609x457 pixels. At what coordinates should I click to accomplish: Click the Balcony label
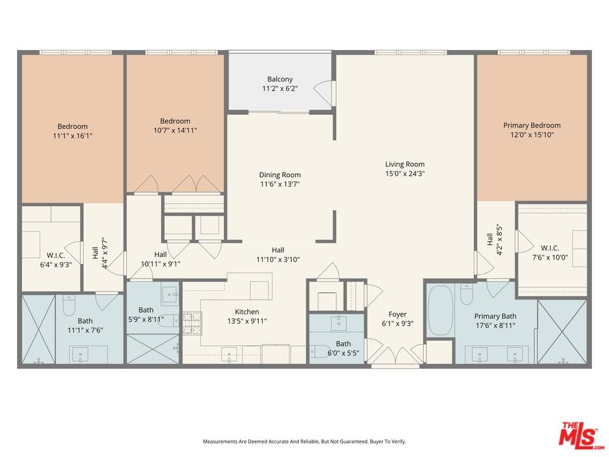pyautogui.click(x=280, y=79)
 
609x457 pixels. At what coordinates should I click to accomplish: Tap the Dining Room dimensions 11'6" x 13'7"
pyautogui.click(x=280, y=184)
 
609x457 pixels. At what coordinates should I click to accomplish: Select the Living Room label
pyautogui.click(x=405, y=164)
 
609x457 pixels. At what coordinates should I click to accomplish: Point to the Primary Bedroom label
pyautogui.click(x=532, y=126)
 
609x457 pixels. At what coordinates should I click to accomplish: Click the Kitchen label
pyautogui.click(x=247, y=312)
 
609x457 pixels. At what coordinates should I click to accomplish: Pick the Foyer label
pyautogui.click(x=398, y=314)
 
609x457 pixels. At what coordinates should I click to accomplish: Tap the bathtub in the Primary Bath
pyautogui.click(x=440, y=311)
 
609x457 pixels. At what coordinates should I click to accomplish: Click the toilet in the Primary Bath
pyautogui.click(x=466, y=294)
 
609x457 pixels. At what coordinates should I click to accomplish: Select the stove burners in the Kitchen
pyautogui.click(x=193, y=323)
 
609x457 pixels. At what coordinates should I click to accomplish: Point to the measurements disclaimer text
pyautogui.click(x=304, y=442)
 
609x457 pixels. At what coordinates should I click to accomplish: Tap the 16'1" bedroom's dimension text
pyautogui.click(x=72, y=136)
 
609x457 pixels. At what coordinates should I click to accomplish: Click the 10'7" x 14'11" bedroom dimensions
pyautogui.click(x=175, y=131)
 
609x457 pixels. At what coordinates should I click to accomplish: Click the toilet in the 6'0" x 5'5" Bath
pyautogui.click(x=320, y=351)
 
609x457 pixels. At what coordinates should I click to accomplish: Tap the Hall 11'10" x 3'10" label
pyautogui.click(x=278, y=255)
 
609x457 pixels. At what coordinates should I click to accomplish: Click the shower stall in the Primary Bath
pyautogui.click(x=562, y=331)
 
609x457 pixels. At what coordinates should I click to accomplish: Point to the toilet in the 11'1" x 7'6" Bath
pyautogui.click(x=69, y=305)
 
